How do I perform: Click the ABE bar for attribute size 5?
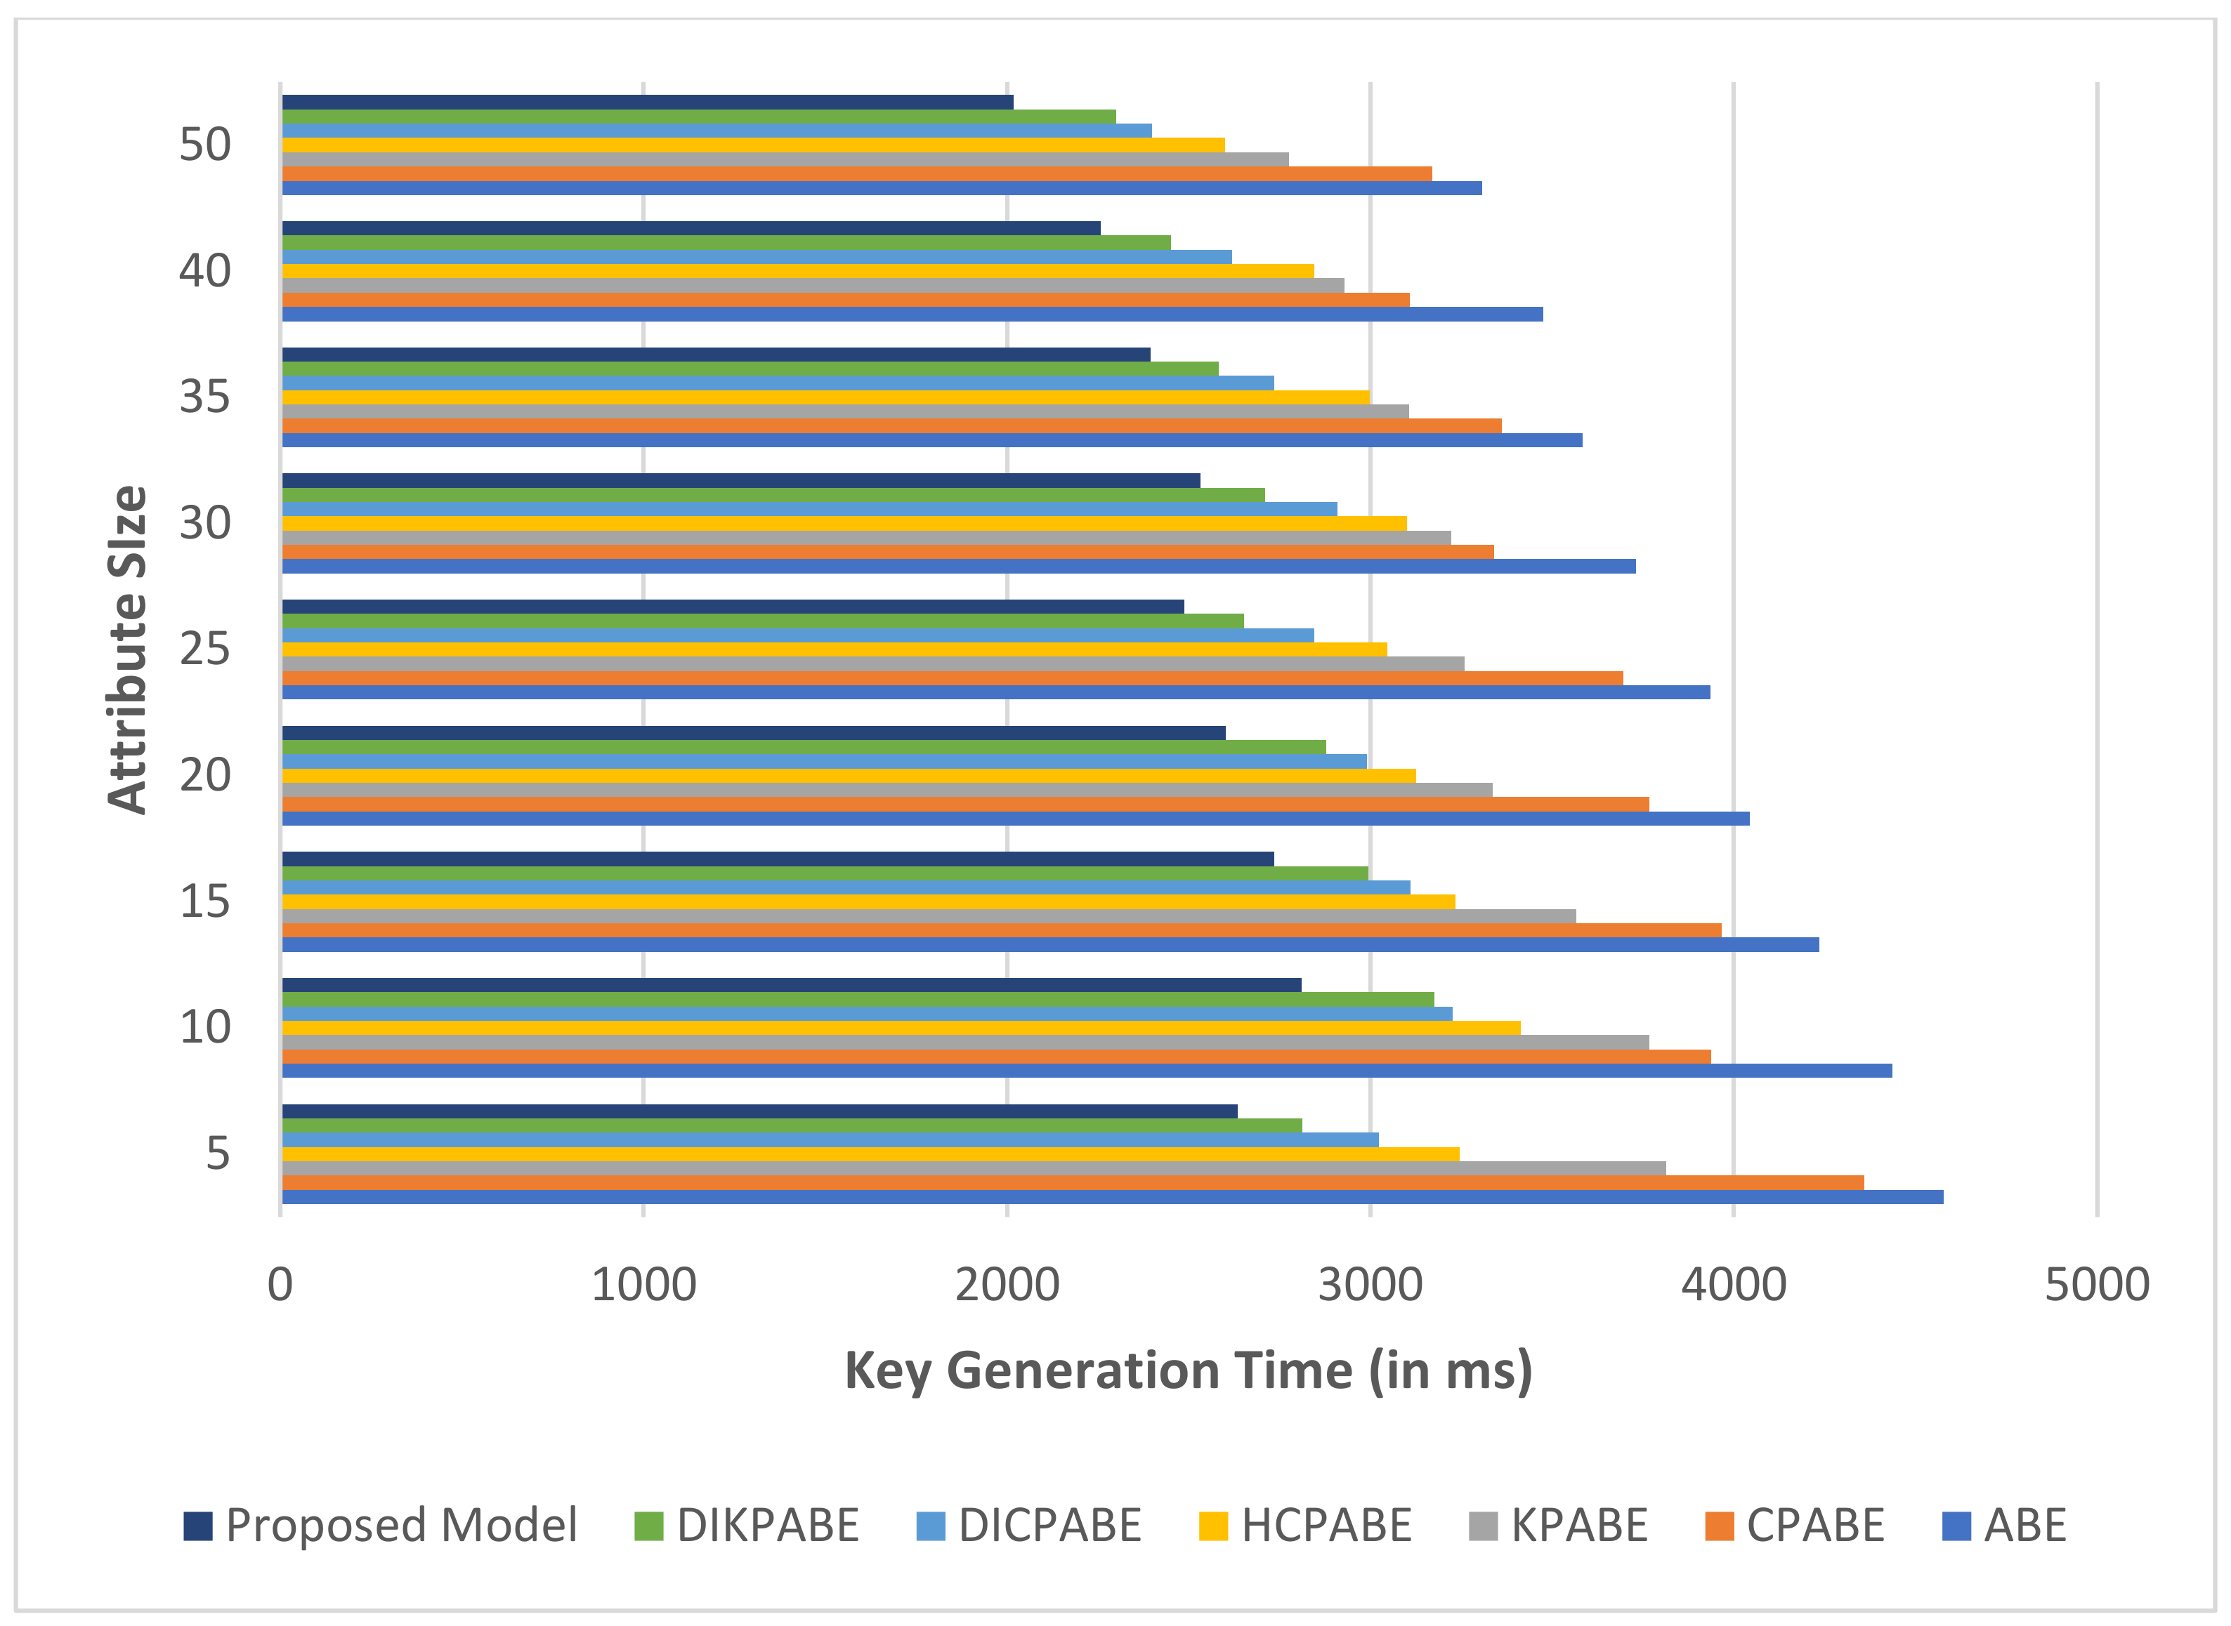(1113, 1197)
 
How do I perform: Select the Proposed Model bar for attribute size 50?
(647, 103)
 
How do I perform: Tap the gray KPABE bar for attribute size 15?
(929, 916)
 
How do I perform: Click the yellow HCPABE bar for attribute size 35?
(825, 397)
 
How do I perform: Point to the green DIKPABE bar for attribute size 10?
(858, 1000)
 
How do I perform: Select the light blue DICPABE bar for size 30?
(809, 509)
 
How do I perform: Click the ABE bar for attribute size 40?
(912, 314)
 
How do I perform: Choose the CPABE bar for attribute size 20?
(965, 804)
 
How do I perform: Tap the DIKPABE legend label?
(768, 1526)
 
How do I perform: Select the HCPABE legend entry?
(1326, 1526)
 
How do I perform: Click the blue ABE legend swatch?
(1956, 1526)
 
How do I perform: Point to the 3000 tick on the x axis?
(1370, 1285)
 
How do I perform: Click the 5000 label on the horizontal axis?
(2096, 1285)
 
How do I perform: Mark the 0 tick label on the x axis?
(280, 1285)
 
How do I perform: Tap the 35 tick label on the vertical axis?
(205, 397)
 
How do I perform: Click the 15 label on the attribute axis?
(205, 901)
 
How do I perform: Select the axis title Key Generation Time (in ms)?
(1189, 1371)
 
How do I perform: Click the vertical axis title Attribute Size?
(127, 649)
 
